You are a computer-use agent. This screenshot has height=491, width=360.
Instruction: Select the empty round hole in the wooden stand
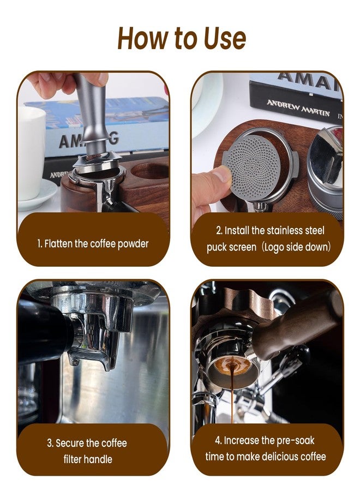pyautogui.click(x=150, y=171)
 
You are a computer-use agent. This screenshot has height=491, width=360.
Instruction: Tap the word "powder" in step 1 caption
pyautogui.click(x=133, y=244)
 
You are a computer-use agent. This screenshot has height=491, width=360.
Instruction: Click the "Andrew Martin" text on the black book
pyautogui.click(x=298, y=108)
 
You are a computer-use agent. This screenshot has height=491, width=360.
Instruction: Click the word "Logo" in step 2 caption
pyautogui.click(x=274, y=247)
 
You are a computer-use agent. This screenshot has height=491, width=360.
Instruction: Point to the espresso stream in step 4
pyautogui.click(x=232, y=394)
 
